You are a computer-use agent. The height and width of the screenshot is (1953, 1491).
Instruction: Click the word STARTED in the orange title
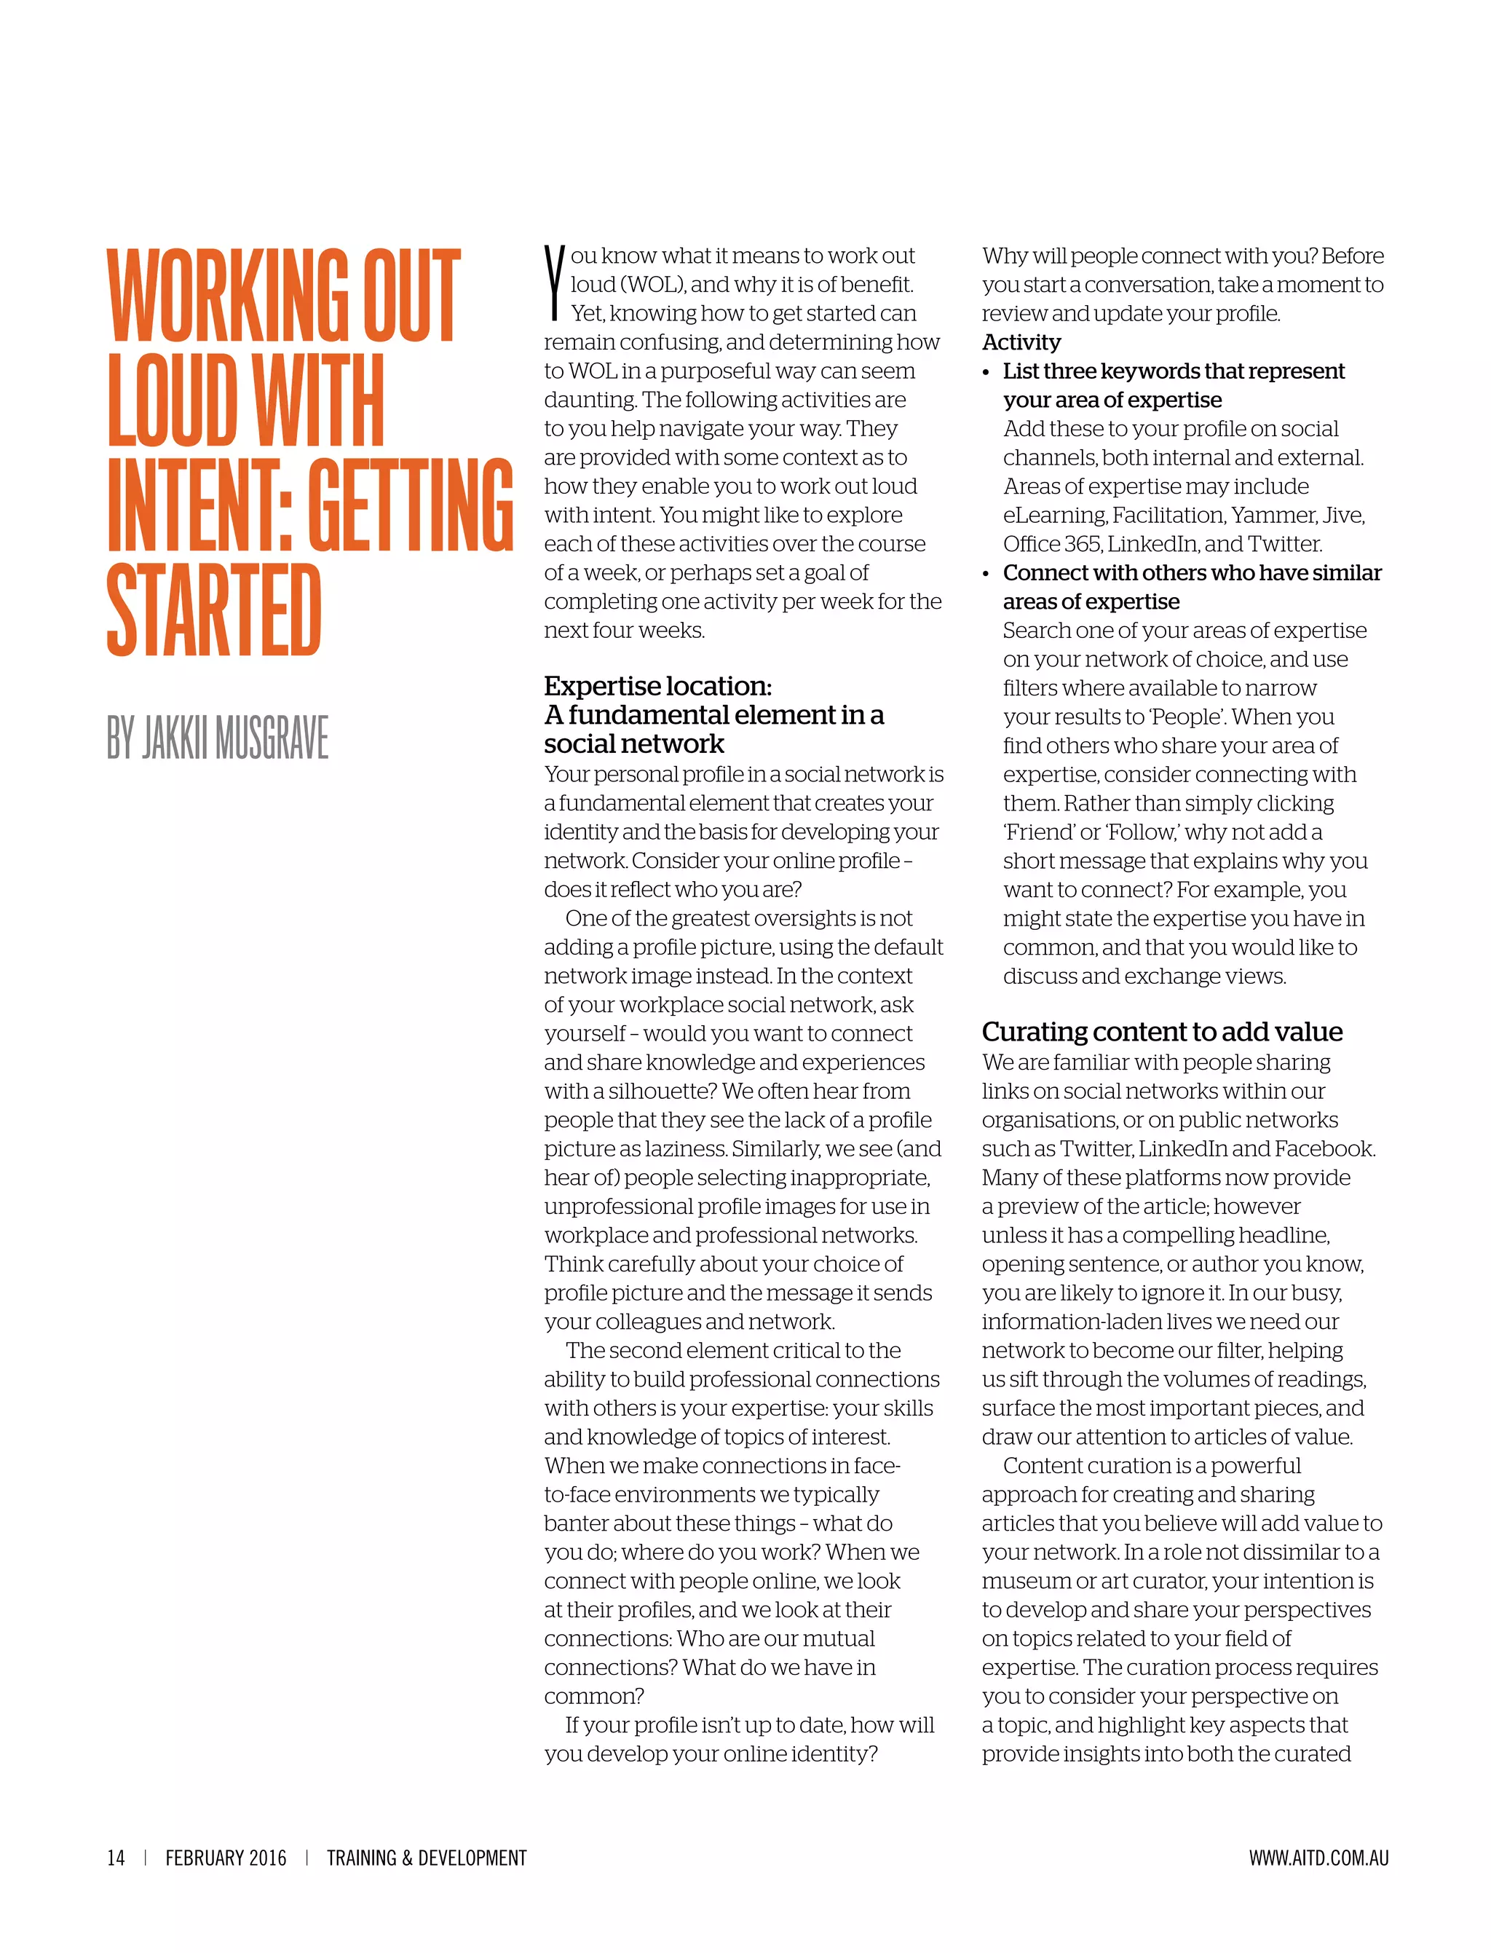tap(213, 611)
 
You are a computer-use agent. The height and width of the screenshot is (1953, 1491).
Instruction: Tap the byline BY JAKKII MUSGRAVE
tap(218, 737)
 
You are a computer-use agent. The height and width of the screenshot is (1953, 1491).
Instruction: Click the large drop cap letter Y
tap(555, 283)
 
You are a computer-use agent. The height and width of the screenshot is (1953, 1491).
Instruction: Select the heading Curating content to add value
tap(1162, 1032)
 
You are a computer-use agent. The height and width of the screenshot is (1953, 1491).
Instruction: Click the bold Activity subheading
tap(1021, 342)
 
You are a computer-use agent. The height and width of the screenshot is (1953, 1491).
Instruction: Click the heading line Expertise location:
tap(657, 686)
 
